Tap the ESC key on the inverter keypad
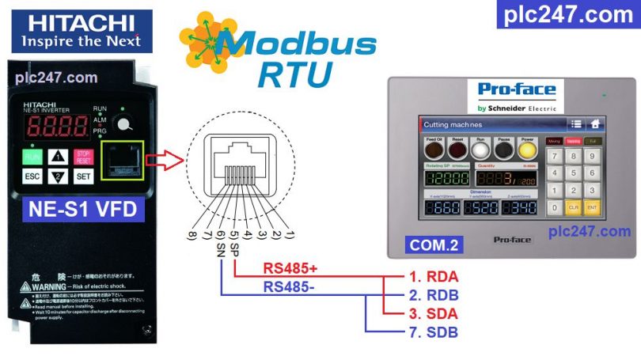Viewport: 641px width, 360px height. pos(33,176)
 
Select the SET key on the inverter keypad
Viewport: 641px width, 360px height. pos(84,176)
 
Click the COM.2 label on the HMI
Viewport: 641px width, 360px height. pos(434,245)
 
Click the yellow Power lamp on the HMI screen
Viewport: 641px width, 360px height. pos(527,149)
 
